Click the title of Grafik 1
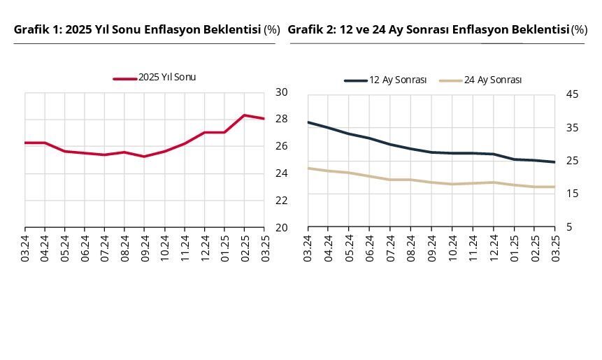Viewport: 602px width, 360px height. point(146,29)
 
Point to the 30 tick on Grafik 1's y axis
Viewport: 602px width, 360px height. point(281,92)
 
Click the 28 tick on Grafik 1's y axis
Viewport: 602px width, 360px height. point(281,119)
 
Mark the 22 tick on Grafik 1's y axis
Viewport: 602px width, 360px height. point(281,201)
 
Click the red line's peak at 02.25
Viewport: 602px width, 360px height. point(244,115)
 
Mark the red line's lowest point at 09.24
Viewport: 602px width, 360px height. point(144,157)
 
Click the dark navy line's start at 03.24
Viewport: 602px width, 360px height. point(308,122)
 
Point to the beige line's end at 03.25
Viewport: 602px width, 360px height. point(554,187)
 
